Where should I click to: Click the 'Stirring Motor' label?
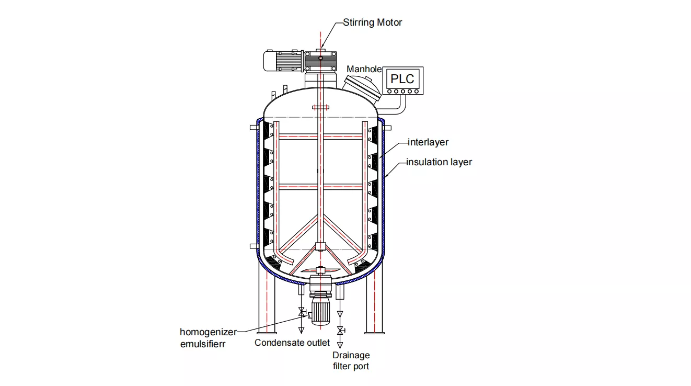click(x=373, y=22)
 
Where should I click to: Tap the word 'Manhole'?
click(x=364, y=69)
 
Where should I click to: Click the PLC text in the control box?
click(x=402, y=79)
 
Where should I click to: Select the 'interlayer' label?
click(x=428, y=142)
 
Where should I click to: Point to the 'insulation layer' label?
click(x=439, y=162)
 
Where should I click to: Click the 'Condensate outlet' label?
click(x=292, y=343)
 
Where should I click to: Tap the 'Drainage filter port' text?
click(x=351, y=361)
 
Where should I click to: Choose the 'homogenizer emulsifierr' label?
click(x=208, y=338)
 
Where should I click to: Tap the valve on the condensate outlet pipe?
click(x=301, y=312)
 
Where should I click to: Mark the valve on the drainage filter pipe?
click(x=340, y=331)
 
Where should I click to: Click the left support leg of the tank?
click(x=267, y=303)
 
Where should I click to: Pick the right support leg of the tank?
click(x=374, y=303)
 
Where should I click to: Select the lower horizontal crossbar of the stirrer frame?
click(x=320, y=186)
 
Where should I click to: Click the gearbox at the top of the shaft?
click(x=320, y=61)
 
